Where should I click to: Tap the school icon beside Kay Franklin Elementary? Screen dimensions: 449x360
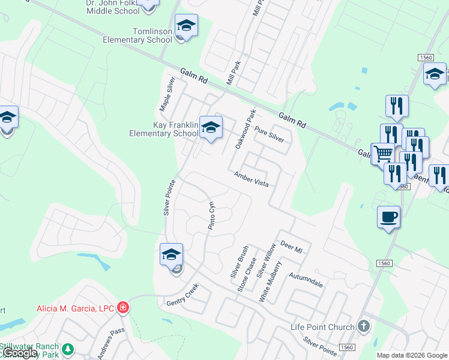point(211,127)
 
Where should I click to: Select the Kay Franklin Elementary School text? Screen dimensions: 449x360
point(163,129)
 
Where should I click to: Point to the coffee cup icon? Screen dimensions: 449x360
point(388,216)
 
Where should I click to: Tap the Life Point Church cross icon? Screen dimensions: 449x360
point(363,326)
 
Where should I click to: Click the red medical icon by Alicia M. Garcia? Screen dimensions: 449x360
point(123,308)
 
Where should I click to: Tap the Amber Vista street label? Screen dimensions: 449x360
point(251,178)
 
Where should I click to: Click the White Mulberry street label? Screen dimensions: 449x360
point(270,281)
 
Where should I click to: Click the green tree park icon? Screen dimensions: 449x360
point(68,349)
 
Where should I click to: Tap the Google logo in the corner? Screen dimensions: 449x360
point(21,353)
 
